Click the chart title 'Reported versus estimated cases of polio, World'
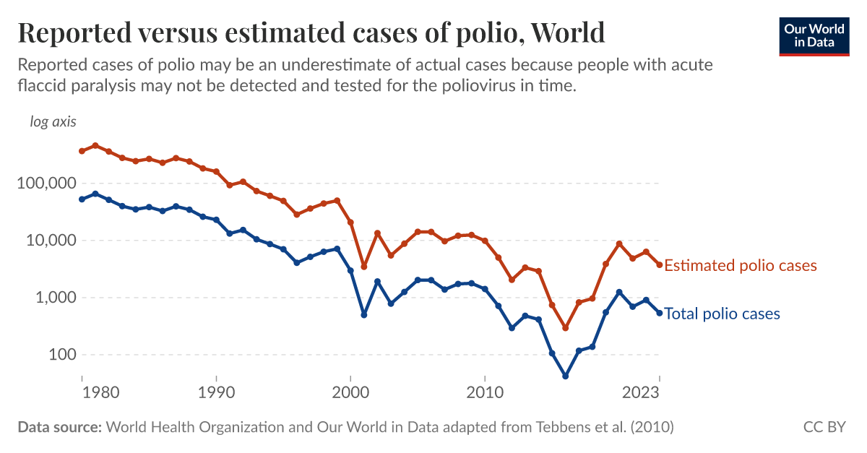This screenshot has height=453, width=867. (311, 33)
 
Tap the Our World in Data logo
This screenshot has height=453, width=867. (814, 35)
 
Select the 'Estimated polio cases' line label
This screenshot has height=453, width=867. (741, 266)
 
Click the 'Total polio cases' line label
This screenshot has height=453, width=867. (722, 314)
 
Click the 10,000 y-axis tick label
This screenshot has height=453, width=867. (50, 241)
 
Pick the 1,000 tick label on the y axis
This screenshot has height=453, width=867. (53, 298)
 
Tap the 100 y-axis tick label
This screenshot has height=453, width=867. (59, 355)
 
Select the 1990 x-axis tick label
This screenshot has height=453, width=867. (216, 393)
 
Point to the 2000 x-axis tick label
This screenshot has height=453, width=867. (350, 393)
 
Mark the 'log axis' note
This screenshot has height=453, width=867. (53, 121)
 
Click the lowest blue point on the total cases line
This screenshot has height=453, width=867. (565, 376)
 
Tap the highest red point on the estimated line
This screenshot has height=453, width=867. (95, 145)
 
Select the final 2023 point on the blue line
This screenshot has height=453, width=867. (659, 313)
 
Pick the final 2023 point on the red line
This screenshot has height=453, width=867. (659, 265)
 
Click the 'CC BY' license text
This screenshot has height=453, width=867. (824, 427)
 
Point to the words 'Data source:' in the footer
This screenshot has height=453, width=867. (59, 427)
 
